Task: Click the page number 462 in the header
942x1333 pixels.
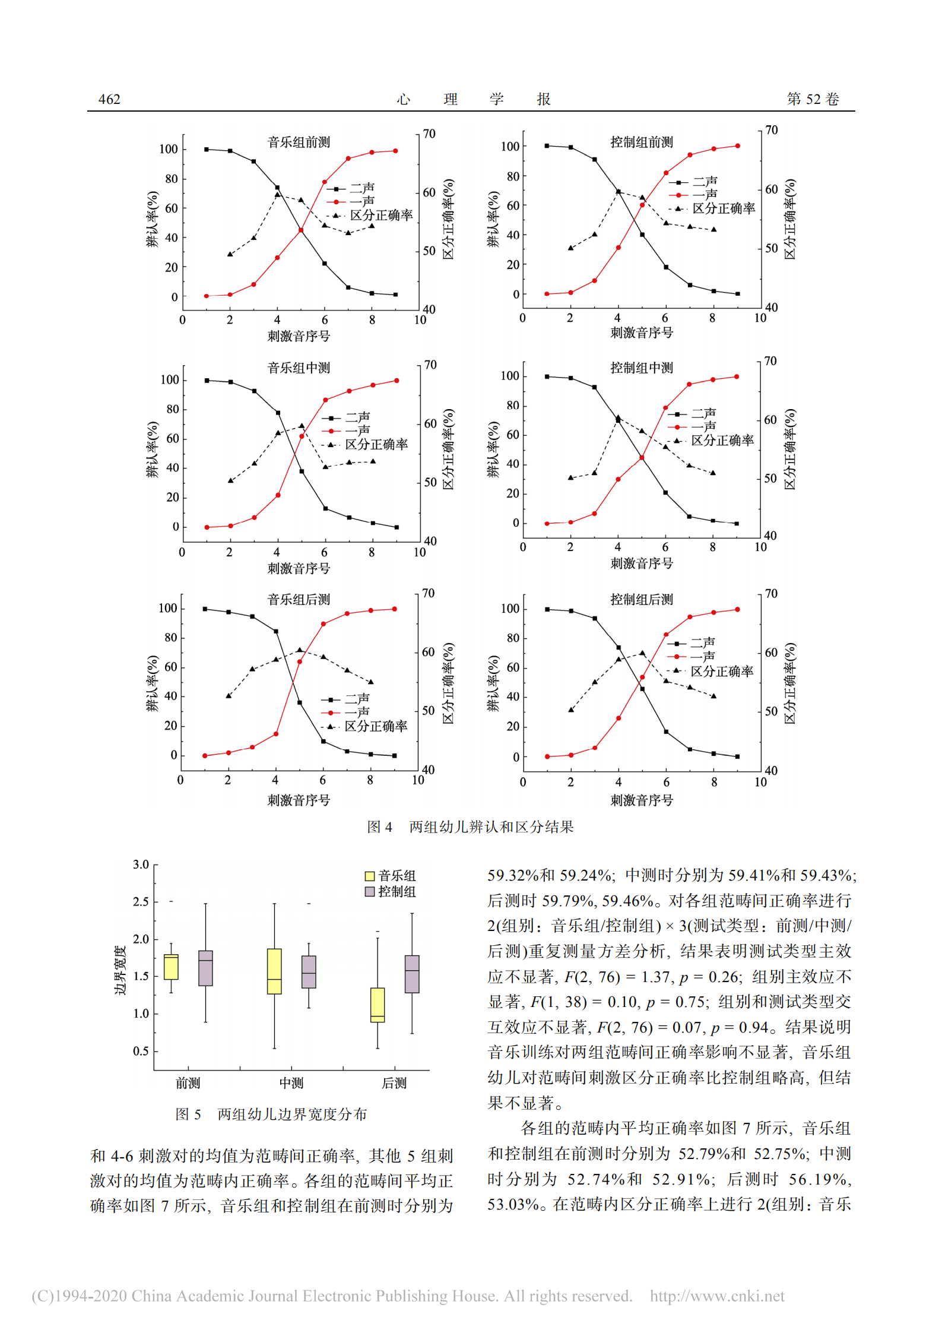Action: click(x=109, y=99)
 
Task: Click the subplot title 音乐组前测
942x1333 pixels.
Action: click(x=299, y=142)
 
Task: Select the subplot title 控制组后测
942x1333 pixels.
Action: click(x=642, y=599)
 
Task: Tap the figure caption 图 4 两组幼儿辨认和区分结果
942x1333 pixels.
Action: click(x=470, y=827)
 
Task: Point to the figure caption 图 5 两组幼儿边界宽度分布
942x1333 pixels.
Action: click(x=271, y=1114)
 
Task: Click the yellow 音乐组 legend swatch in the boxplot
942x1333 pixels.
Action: click(x=370, y=876)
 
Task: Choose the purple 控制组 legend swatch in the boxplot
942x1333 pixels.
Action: click(x=370, y=891)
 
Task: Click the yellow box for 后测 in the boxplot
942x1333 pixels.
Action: click(x=378, y=1005)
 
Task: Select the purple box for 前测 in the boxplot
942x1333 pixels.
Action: click(x=205, y=968)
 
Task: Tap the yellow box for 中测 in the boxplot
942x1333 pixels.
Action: click(x=274, y=971)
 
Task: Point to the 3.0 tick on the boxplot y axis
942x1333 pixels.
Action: click(x=141, y=865)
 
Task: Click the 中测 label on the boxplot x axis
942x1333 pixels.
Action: click(x=291, y=1083)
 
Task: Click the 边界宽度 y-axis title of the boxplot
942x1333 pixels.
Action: click(x=120, y=970)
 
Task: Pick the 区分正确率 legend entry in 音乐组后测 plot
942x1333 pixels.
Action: click(x=376, y=726)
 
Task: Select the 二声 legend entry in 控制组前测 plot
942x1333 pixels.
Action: click(x=705, y=181)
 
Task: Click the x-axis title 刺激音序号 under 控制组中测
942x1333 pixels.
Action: click(x=642, y=563)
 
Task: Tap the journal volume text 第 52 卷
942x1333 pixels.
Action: click(x=813, y=99)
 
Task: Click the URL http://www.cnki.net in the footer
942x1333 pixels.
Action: click(x=716, y=1296)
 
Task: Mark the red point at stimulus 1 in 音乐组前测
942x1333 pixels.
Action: click(x=207, y=296)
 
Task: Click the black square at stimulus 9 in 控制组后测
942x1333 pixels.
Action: click(x=737, y=756)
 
